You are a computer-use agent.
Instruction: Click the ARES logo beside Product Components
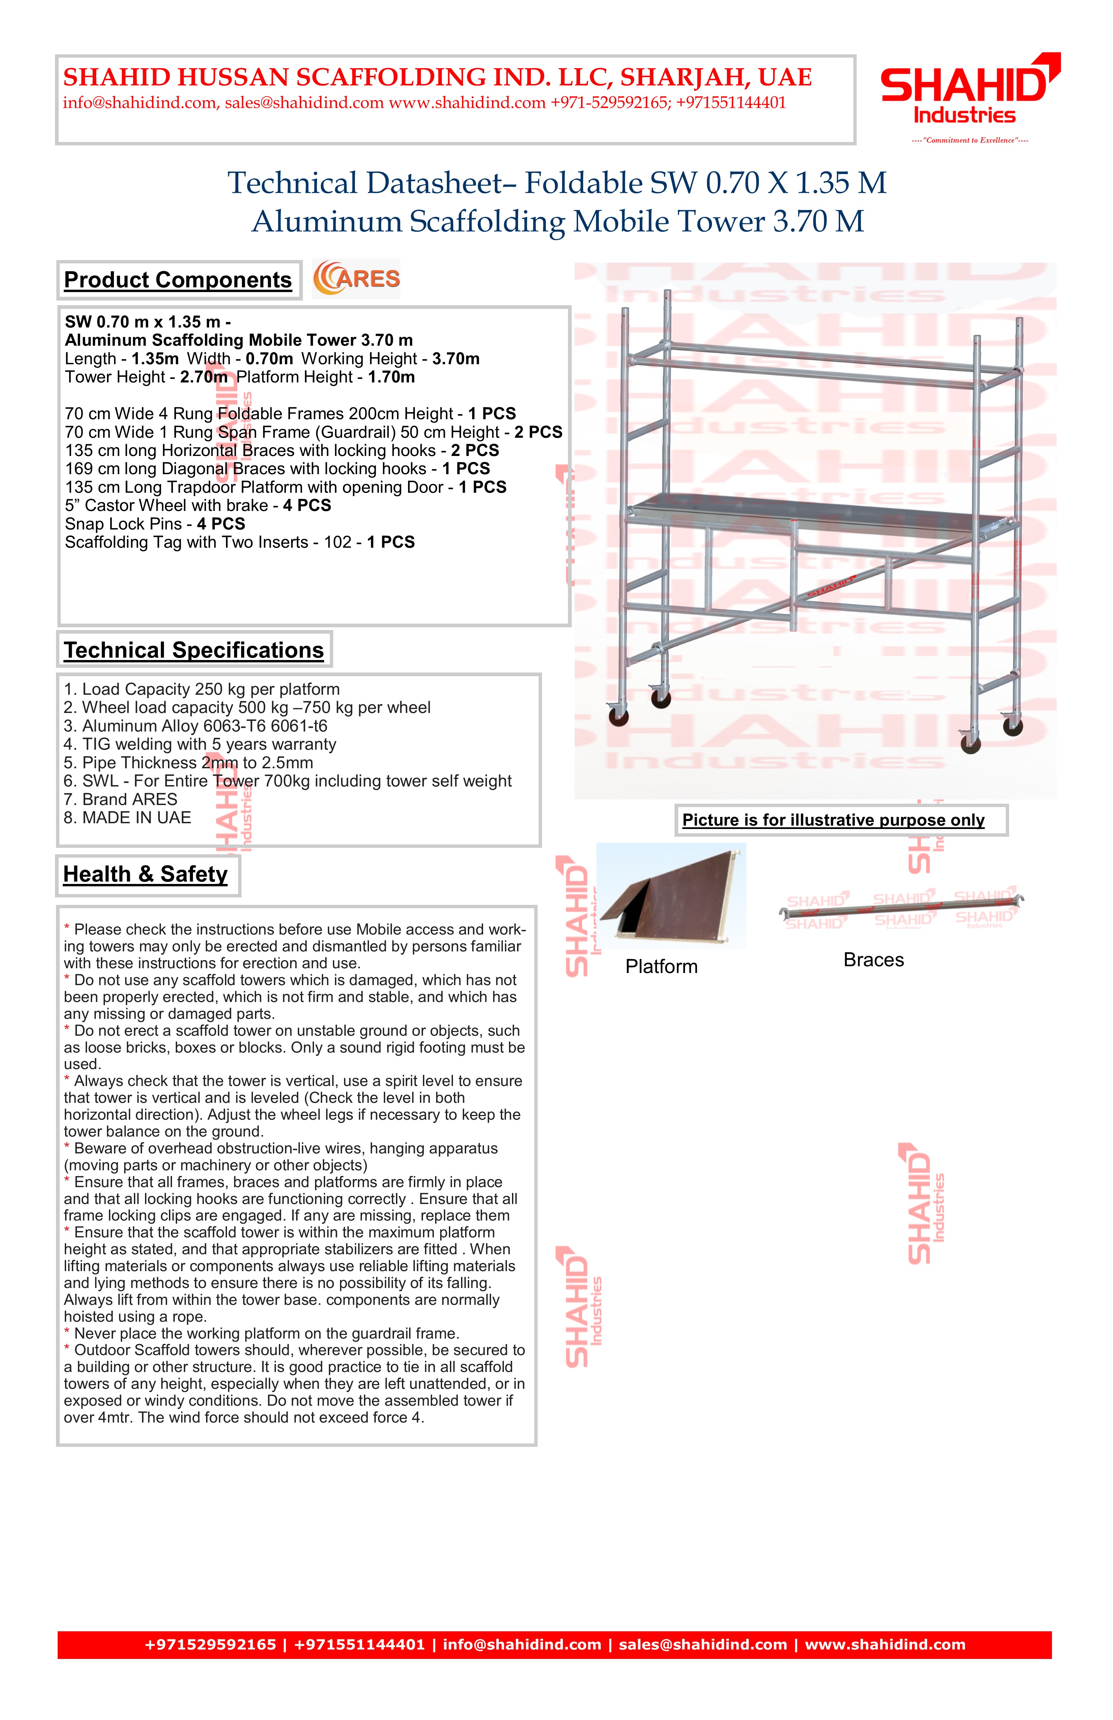click(356, 279)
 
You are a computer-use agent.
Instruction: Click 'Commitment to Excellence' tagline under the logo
click(970, 140)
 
